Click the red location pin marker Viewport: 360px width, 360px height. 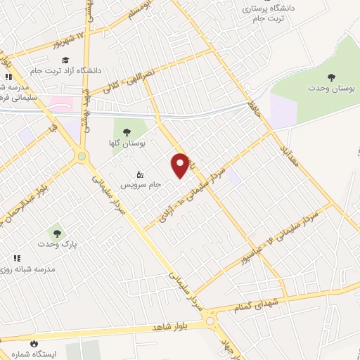181,165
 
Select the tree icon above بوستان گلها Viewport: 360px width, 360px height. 127,131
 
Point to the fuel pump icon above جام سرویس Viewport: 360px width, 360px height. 139,174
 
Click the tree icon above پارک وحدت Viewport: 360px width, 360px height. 56,233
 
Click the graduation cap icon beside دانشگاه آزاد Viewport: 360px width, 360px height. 65,60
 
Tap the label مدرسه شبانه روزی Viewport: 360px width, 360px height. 38,269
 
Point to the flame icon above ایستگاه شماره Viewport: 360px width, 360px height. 33,344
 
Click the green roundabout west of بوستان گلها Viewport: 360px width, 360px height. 82,156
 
